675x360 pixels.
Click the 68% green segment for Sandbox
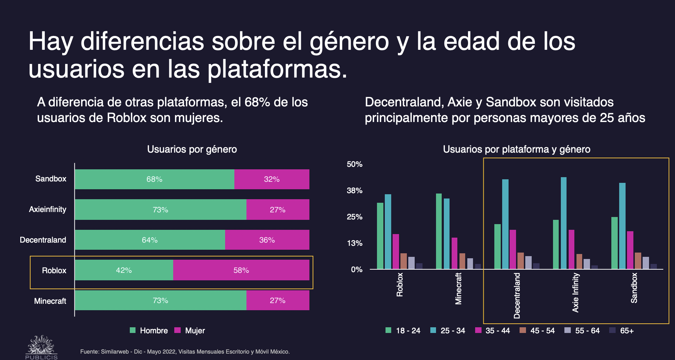pyautogui.click(x=154, y=179)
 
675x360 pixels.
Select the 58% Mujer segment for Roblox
pyautogui.click(x=241, y=270)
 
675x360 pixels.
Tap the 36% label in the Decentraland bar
pyautogui.click(x=267, y=240)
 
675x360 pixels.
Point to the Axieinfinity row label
pyautogui.click(x=48, y=210)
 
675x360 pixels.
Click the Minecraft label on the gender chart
pyautogui.click(x=50, y=301)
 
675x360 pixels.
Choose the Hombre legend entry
pyautogui.click(x=149, y=331)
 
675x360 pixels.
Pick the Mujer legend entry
pyautogui.click(x=190, y=331)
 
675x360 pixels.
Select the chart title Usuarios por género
pyautogui.click(x=192, y=149)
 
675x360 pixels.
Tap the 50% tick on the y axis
pyautogui.click(x=355, y=164)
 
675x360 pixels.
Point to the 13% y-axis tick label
pyautogui.click(x=355, y=243)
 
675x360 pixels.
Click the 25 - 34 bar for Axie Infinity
pyautogui.click(x=564, y=223)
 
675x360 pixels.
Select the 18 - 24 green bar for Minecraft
pyautogui.click(x=439, y=231)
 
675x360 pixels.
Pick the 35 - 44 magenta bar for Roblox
pyautogui.click(x=396, y=252)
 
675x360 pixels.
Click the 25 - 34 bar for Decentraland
pyautogui.click(x=505, y=224)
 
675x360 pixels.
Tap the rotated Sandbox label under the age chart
pyautogui.click(x=634, y=288)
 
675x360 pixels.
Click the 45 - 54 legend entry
pyautogui.click(x=537, y=331)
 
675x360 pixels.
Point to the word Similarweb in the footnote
pyautogui.click(x=115, y=352)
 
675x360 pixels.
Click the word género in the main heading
pyautogui.click(x=350, y=42)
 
